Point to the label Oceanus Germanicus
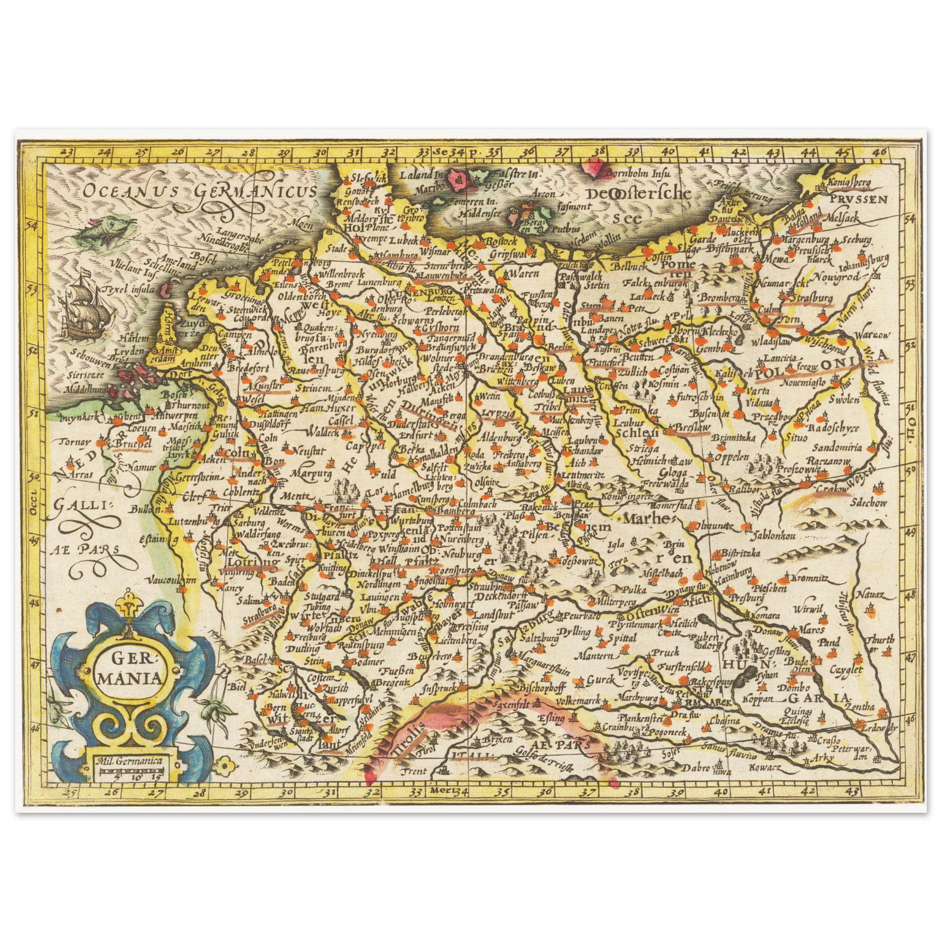[x=198, y=191]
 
